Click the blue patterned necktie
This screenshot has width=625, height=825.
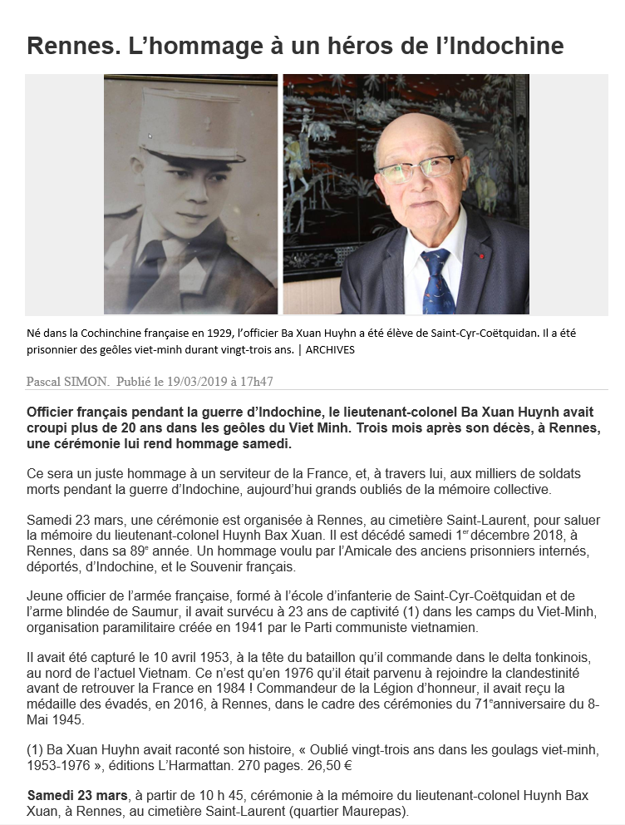point(437,284)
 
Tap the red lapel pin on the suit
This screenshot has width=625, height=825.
point(480,255)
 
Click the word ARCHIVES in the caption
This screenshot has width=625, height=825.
point(330,350)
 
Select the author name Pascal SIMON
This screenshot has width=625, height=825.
point(67,382)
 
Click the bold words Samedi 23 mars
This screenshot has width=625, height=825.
point(77,795)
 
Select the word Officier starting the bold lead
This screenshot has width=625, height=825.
point(54,412)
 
